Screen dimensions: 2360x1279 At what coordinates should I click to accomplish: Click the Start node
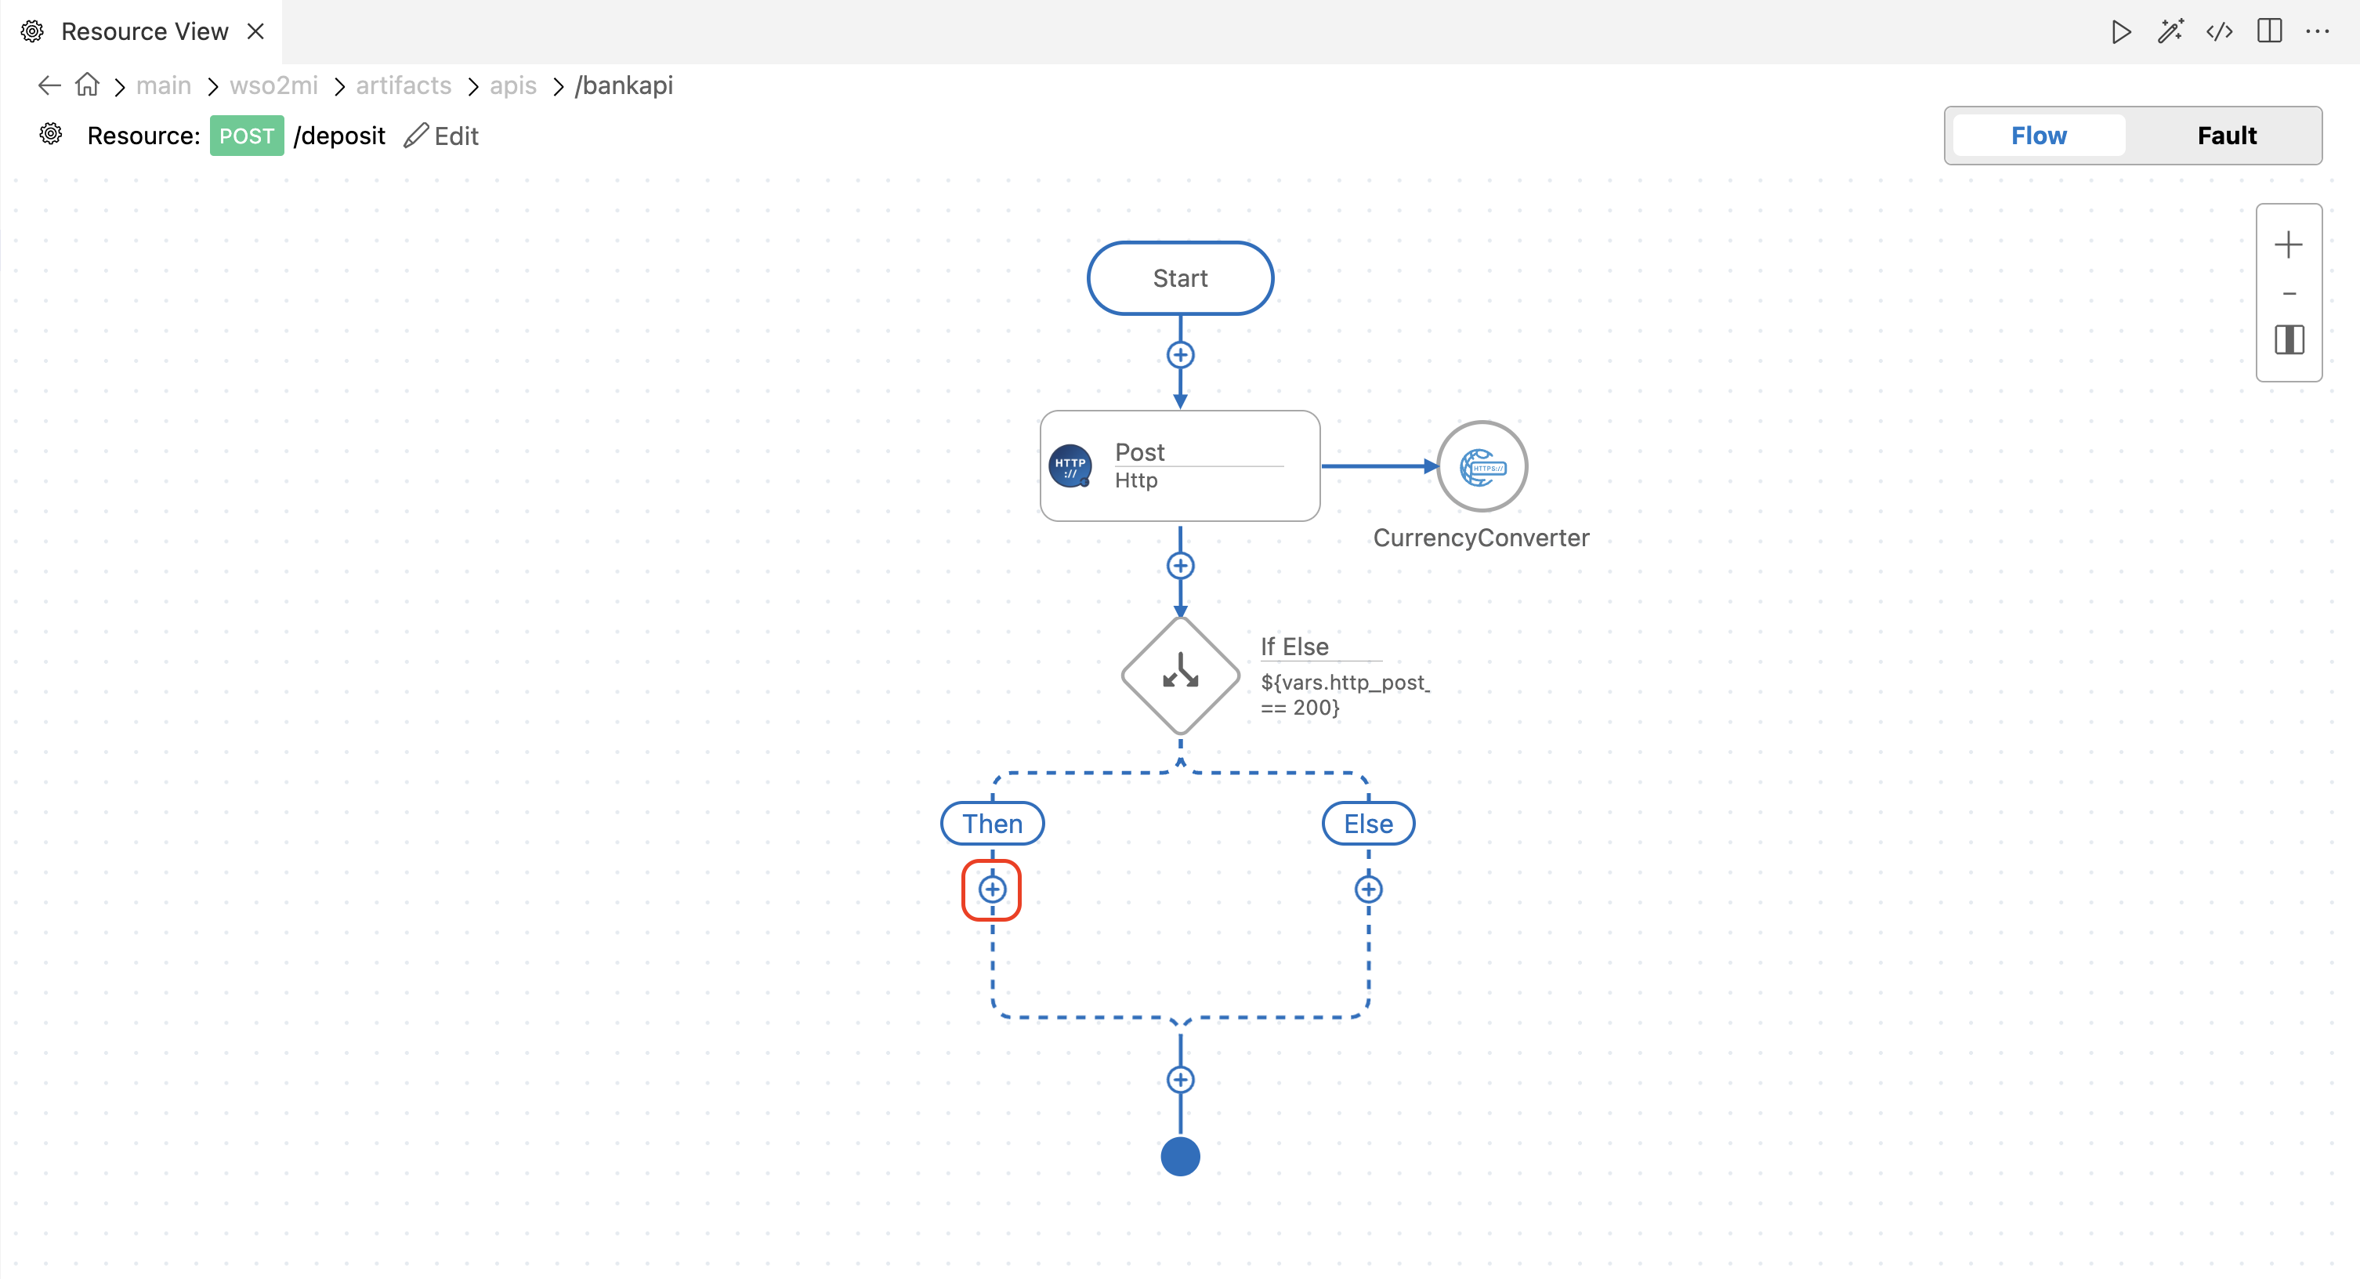1180,277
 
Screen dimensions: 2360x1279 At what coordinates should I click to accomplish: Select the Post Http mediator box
1180,466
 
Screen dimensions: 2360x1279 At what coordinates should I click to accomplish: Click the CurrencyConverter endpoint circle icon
1482,466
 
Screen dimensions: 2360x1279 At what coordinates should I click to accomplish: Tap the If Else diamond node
1180,676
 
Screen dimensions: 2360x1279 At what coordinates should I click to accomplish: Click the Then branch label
992,823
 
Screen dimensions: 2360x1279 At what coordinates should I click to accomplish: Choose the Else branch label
1368,823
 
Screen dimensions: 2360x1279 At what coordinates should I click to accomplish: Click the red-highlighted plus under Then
992,889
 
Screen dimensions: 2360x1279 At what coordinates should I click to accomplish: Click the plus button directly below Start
1180,354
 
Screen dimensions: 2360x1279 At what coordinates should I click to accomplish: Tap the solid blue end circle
1180,1155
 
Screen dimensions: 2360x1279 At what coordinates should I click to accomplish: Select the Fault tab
2226,136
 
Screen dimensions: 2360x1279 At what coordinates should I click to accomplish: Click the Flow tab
2039,136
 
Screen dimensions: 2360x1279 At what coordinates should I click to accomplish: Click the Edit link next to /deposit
442,136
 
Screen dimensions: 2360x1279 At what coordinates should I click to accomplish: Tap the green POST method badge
247,136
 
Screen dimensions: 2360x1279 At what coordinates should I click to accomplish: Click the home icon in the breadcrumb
87,85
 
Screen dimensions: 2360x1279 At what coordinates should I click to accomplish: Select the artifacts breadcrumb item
403,85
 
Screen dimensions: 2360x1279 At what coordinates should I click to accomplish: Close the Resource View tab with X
255,31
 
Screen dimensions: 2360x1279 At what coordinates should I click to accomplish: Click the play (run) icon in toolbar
2121,31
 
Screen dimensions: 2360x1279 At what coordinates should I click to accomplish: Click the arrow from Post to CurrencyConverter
1380,466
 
